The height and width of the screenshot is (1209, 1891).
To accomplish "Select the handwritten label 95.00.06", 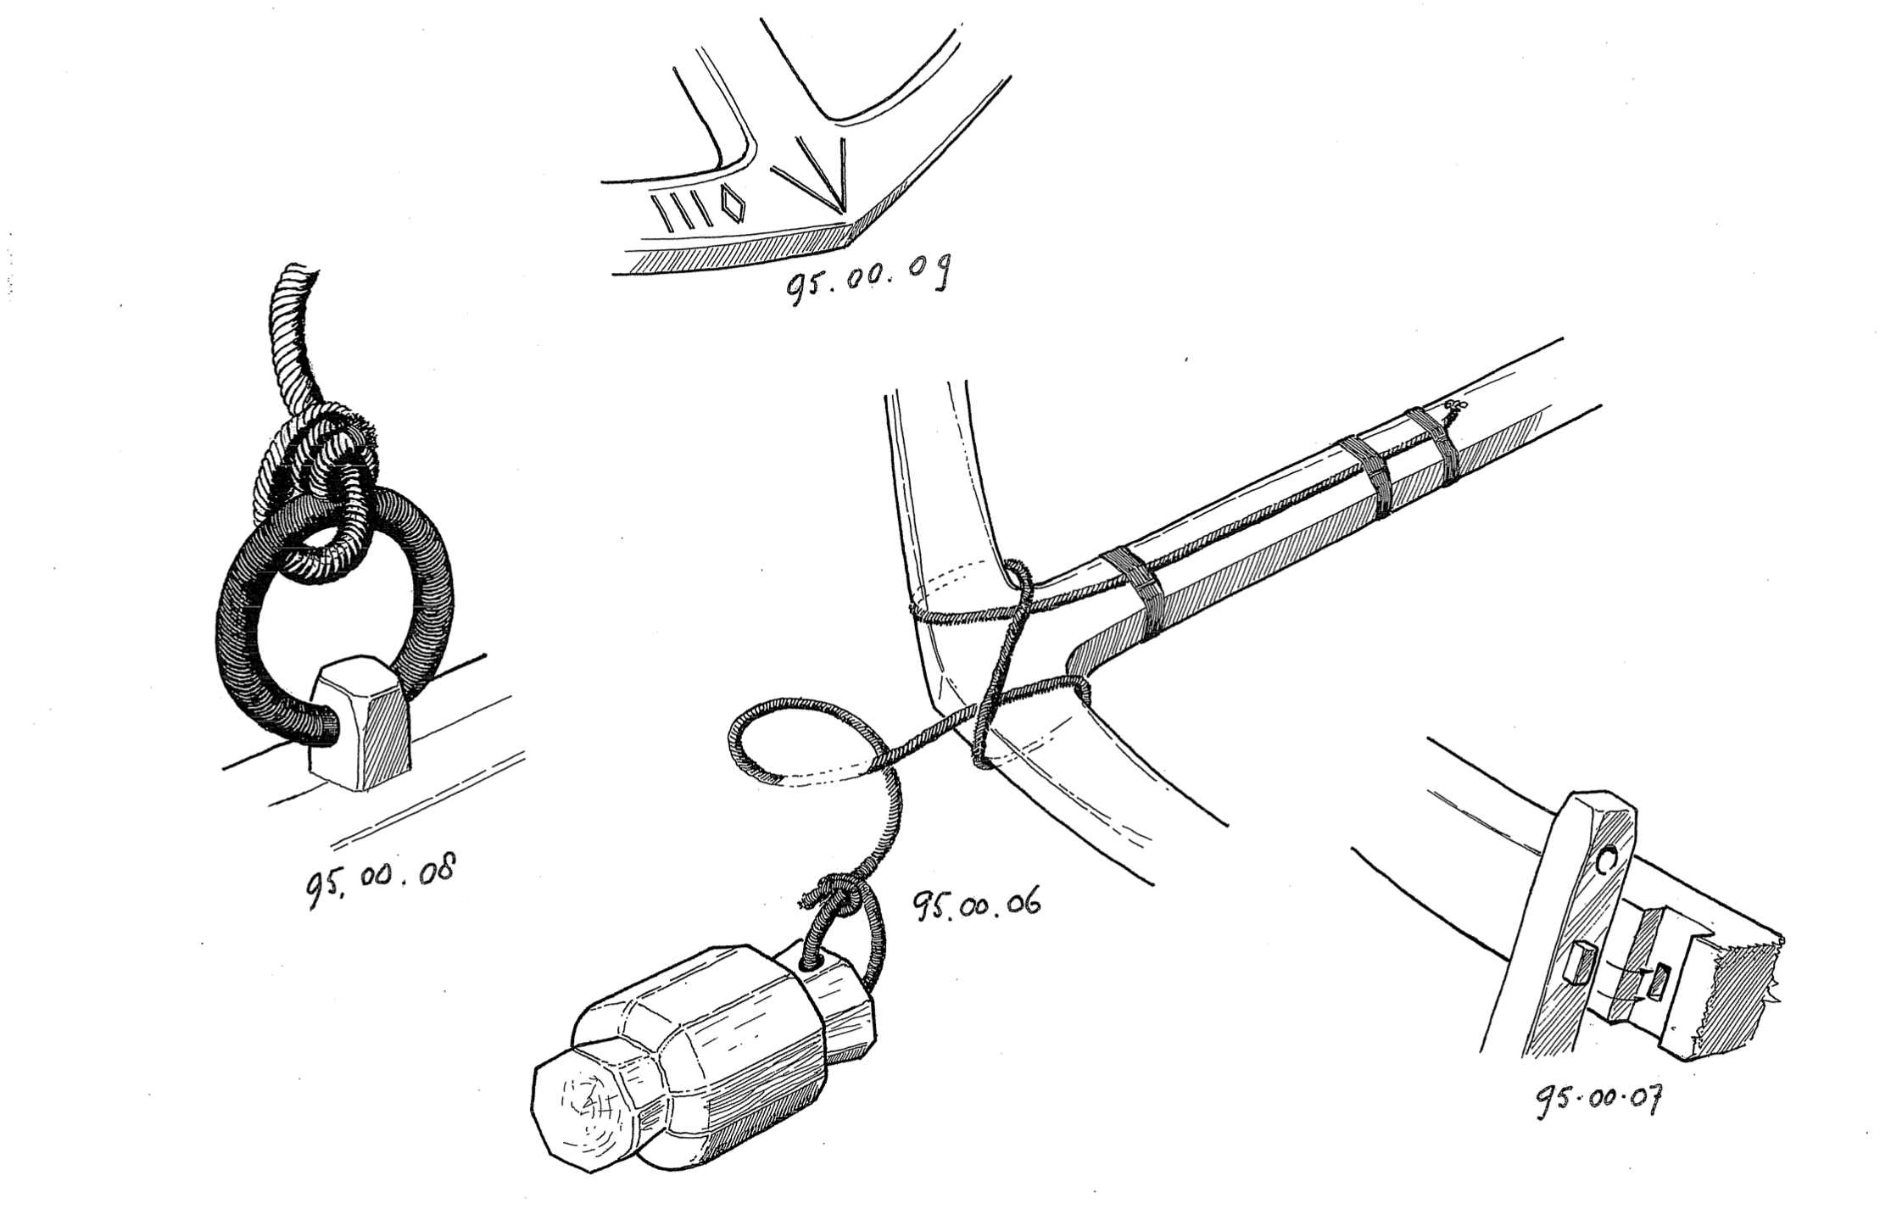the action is coord(974,905).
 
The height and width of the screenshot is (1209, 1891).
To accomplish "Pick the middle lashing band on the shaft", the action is coord(1365,479).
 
